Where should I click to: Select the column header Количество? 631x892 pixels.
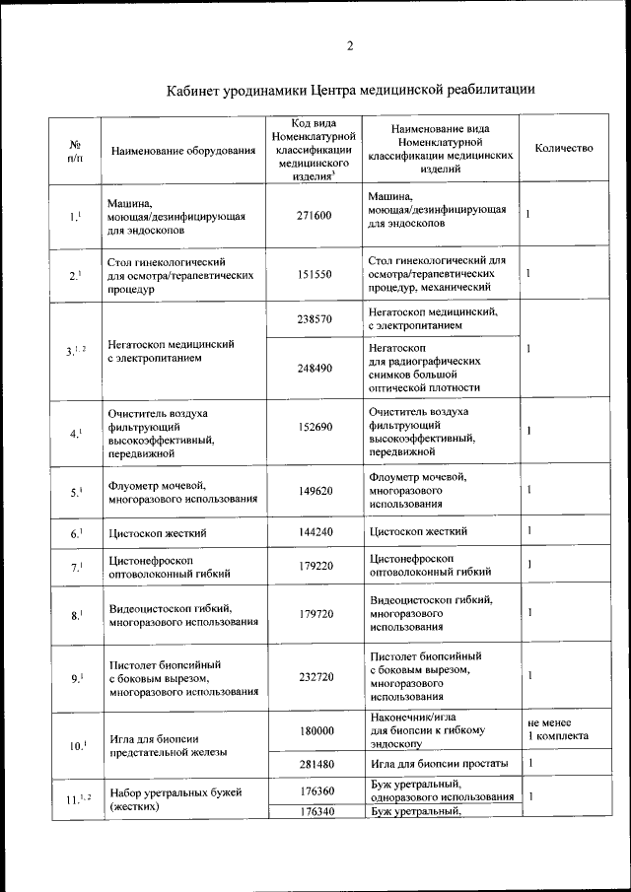click(563, 147)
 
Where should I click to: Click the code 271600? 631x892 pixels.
click(315, 215)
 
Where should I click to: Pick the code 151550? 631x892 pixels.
click(315, 275)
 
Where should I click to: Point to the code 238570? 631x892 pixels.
click(315, 319)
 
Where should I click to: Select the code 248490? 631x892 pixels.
click(315, 367)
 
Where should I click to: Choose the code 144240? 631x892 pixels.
click(315, 532)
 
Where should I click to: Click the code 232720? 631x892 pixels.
click(315, 677)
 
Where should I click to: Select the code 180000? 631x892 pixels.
click(315, 731)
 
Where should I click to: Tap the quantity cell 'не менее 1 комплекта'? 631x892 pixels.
click(557, 729)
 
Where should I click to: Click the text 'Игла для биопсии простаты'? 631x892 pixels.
click(440, 764)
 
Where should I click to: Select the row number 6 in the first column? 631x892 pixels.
click(76, 533)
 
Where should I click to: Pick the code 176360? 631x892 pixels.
click(315, 790)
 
